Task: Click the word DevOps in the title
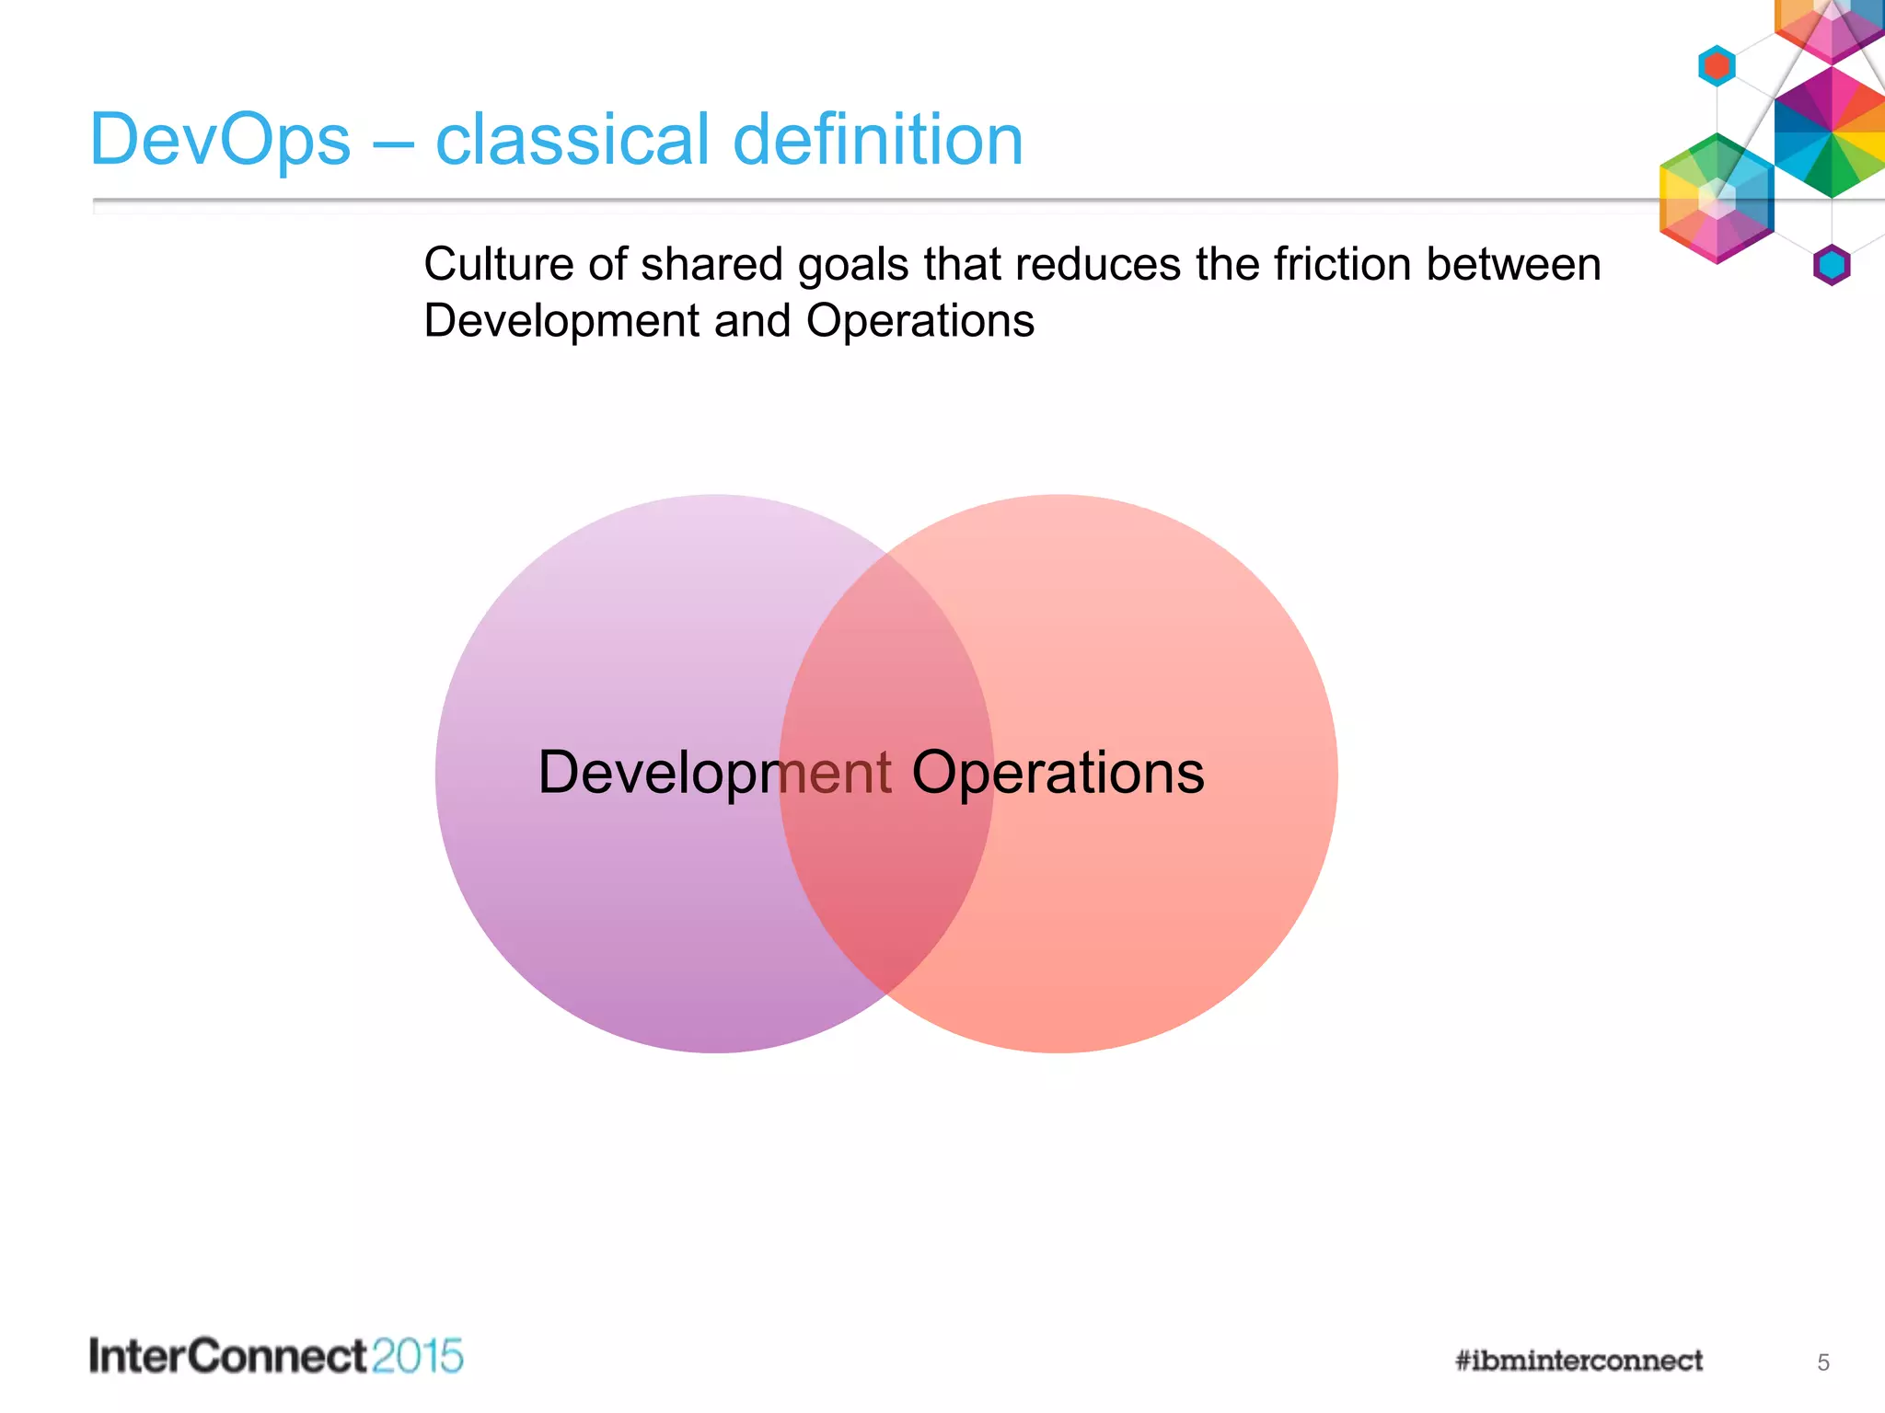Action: (220, 141)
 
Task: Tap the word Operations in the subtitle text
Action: (919, 322)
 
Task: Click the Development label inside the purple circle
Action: (714, 773)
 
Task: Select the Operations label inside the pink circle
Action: (1058, 773)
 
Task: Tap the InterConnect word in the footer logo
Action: (227, 1357)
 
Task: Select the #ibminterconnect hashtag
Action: (1579, 1361)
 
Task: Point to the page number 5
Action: (1822, 1362)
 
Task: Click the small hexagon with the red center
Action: (1717, 66)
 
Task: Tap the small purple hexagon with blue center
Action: (1832, 265)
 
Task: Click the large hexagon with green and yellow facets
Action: (1717, 199)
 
